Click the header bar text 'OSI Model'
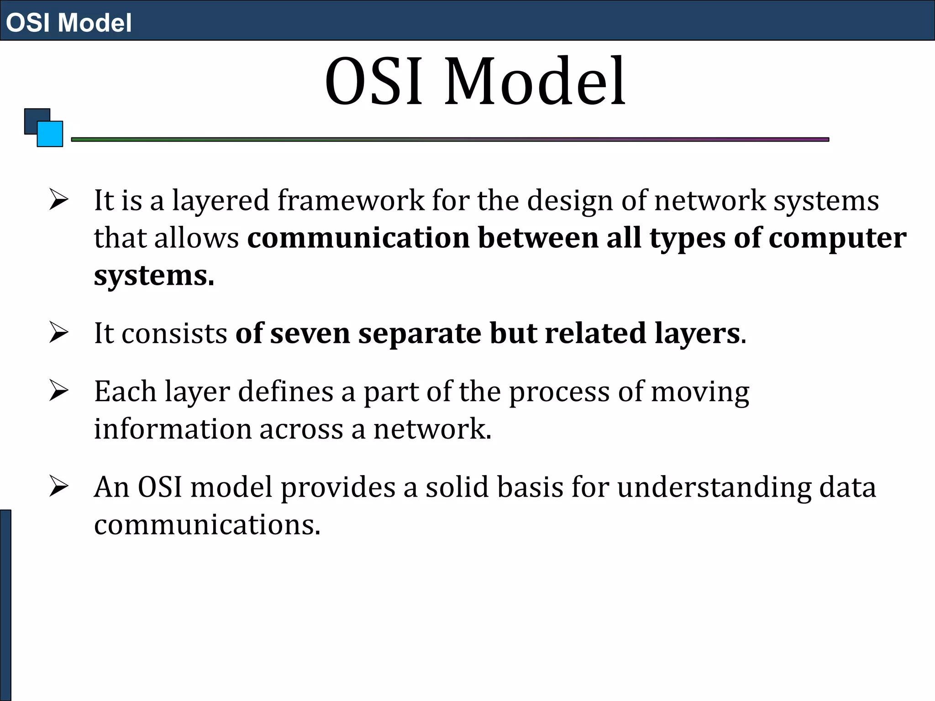(x=68, y=22)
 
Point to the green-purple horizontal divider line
(x=450, y=140)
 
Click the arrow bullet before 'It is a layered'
(x=59, y=200)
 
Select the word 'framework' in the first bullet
(x=351, y=201)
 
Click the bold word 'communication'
(x=358, y=238)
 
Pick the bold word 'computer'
(x=837, y=238)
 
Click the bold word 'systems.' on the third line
(x=154, y=276)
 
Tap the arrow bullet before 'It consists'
(x=59, y=332)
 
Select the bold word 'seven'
(x=310, y=333)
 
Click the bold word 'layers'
(x=697, y=333)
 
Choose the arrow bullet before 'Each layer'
(x=59, y=391)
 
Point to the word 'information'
(x=173, y=429)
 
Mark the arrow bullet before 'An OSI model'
(x=59, y=486)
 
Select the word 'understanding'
(x=714, y=487)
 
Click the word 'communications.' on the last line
(x=207, y=525)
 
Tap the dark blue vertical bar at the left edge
(x=5, y=605)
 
